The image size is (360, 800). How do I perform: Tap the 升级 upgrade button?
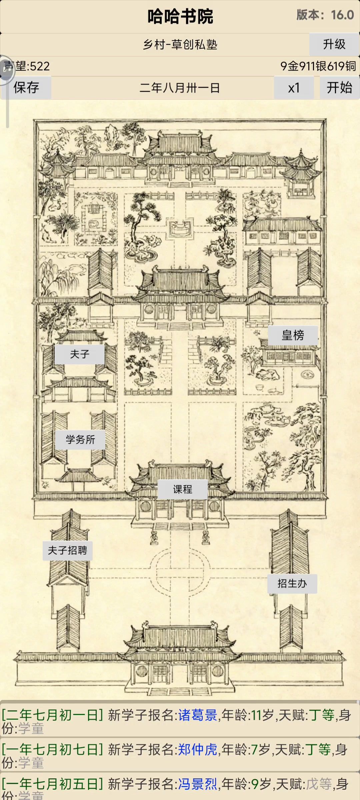[334, 44]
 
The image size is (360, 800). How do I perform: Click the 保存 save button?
[26, 88]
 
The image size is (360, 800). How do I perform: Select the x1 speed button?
[294, 88]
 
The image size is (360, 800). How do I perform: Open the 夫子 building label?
[80, 354]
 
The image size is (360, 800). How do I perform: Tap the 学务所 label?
[80, 440]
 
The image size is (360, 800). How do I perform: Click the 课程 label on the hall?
[182, 489]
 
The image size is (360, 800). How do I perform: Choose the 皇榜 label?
[293, 335]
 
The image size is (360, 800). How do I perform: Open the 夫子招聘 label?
[67, 550]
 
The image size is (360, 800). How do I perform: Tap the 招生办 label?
[292, 583]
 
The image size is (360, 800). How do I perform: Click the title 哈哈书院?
[180, 16]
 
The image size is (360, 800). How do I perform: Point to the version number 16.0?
[342, 15]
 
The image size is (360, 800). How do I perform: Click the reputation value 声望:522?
[27, 66]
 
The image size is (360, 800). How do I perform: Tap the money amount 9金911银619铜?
[318, 66]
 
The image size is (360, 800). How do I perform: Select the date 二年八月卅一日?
[179, 88]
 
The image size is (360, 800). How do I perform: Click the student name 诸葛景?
[198, 715]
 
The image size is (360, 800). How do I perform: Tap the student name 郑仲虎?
[198, 750]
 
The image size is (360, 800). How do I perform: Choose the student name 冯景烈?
[198, 784]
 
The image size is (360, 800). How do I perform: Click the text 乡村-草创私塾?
[180, 44]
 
